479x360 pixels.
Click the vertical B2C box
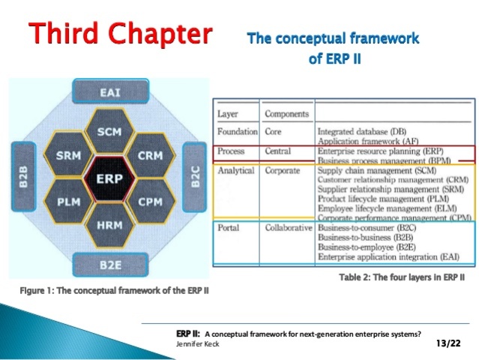click(193, 178)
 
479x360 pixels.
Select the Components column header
click(286, 114)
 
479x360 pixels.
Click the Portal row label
click(229, 227)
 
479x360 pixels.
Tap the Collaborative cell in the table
click(289, 227)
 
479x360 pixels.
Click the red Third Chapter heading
click(120, 34)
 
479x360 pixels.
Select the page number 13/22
click(448, 343)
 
